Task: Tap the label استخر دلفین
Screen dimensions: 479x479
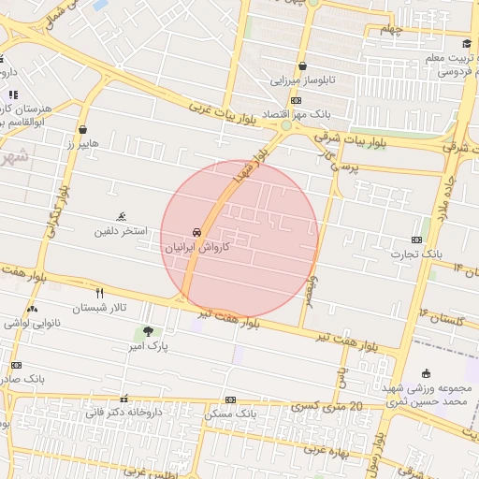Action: [122, 230]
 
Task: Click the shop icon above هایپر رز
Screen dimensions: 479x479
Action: [83, 130]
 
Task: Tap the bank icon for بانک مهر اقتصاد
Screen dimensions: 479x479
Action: [296, 100]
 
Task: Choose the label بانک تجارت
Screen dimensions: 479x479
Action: [417, 254]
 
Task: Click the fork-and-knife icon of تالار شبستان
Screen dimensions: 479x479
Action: [99, 293]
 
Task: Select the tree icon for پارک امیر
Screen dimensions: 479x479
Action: [148, 331]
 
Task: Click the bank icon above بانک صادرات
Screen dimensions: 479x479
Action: [16, 365]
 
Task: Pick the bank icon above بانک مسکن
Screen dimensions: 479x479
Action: [230, 399]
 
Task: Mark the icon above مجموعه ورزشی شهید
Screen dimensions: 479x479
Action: [427, 373]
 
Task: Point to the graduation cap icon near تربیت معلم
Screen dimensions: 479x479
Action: [467, 44]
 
